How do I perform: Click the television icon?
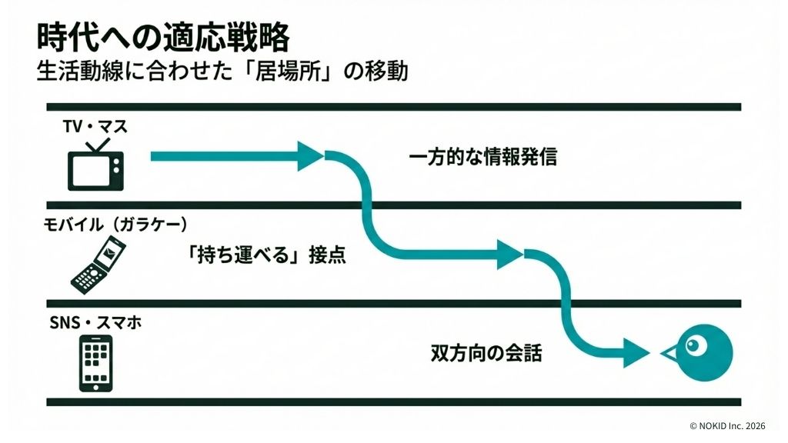(95, 170)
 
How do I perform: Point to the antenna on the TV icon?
(96, 145)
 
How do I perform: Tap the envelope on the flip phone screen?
(112, 250)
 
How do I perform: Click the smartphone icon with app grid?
(95, 363)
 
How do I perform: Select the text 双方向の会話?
(486, 354)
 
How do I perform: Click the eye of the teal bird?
(696, 346)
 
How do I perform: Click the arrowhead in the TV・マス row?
(309, 157)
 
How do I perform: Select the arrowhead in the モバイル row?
(509, 255)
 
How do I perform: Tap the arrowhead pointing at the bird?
(636, 353)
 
